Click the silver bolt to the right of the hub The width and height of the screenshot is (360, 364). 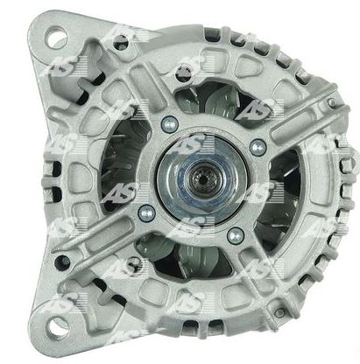coord(258,146)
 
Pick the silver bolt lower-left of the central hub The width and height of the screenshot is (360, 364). coord(146,213)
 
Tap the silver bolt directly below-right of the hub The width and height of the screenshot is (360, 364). coord(236,235)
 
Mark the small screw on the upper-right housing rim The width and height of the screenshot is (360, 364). coord(331,101)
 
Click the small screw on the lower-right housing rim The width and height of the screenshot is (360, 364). coord(279,313)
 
